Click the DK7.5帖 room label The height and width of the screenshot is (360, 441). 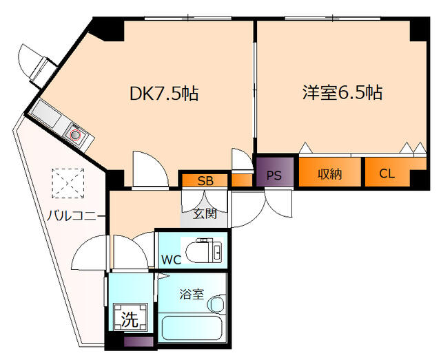click(x=164, y=94)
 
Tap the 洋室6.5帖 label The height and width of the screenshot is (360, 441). click(x=342, y=92)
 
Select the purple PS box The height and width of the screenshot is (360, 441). click(x=275, y=171)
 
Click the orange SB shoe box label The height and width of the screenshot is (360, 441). click(x=205, y=180)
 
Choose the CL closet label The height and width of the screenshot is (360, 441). click(x=387, y=173)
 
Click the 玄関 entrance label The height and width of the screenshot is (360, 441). click(x=205, y=213)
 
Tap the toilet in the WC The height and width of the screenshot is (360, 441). click(x=204, y=250)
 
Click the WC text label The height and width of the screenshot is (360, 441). click(x=171, y=260)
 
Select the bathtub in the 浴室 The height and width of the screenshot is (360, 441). click(x=192, y=328)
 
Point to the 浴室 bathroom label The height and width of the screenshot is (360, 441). click(x=192, y=294)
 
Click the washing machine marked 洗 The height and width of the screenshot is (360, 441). click(x=130, y=317)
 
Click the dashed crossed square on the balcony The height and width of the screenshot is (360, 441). click(x=68, y=183)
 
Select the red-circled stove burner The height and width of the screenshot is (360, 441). click(x=75, y=135)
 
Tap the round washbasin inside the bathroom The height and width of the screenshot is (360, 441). click(x=216, y=304)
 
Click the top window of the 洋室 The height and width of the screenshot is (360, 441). click(x=333, y=19)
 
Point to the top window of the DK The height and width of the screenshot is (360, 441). click(x=188, y=19)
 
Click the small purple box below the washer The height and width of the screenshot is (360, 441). click(x=139, y=341)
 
